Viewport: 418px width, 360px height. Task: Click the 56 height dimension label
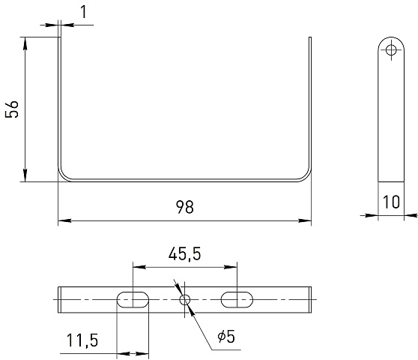[x=12, y=109]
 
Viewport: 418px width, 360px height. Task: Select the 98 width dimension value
[x=185, y=207]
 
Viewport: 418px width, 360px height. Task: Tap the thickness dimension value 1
[x=84, y=12]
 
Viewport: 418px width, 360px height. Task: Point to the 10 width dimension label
[x=391, y=202]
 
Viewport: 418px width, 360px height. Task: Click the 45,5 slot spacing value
[x=184, y=253]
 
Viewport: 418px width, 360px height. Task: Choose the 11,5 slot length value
[x=82, y=340]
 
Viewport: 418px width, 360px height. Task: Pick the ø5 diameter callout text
[x=226, y=337]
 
